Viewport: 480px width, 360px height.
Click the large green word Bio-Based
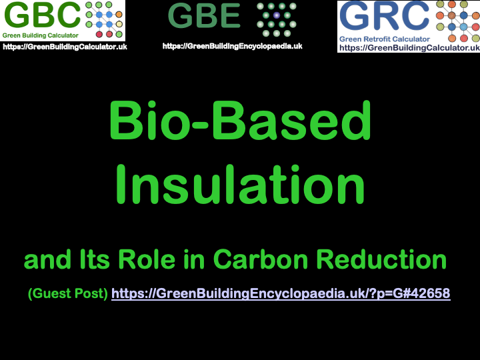[240, 122]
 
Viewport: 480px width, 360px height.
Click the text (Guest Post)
[67, 293]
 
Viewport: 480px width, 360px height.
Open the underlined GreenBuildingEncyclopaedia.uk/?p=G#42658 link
[281, 293]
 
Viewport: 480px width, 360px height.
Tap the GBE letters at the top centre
[204, 17]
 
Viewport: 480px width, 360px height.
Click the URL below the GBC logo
[65, 47]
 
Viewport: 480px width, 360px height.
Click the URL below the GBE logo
[232, 46]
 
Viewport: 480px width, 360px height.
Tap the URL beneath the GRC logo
[409, 48]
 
